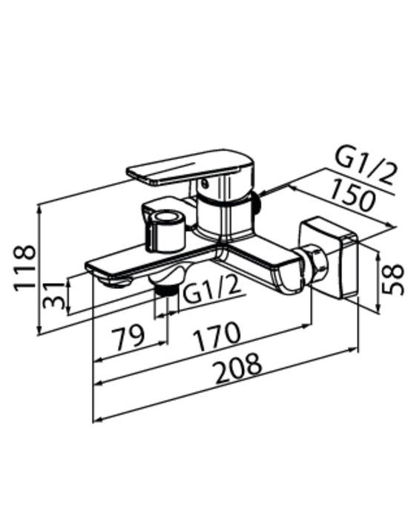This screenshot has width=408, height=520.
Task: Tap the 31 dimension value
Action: (x=55, y=295)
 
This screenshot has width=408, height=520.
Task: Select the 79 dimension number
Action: (x=128, y=337)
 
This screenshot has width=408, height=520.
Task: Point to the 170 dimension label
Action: (x=217, y=336)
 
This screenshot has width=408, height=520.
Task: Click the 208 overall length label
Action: (x=239, y=368)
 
